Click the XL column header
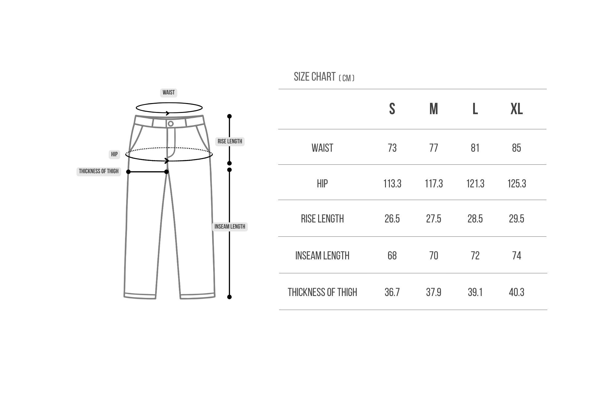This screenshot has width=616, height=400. pos(517,109)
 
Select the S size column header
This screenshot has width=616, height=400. pos(392,109)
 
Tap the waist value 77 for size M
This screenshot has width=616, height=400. pos(434,148)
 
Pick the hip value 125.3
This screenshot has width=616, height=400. pos(517,184)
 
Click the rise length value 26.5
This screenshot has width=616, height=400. pos(392,219)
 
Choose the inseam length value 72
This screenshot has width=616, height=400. pos(475,256)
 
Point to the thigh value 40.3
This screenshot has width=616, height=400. pos(517,292)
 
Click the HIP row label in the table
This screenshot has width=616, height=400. pos(322,184)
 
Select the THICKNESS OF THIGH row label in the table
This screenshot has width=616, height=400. pos(322,292)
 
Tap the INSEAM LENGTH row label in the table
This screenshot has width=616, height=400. pos(322,256)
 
